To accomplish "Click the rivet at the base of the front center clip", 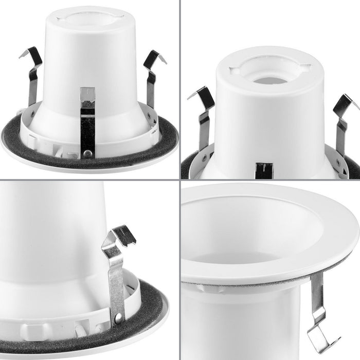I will click(x=88, y=153).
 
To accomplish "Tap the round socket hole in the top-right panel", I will click(x=268, y=78).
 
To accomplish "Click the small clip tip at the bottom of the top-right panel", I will click(x=264, y=170).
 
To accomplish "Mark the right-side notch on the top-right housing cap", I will click(x=305, y=66).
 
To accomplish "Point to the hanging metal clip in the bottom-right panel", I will click(x=321, y=314).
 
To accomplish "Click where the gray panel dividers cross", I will click(x=179, y=179).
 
